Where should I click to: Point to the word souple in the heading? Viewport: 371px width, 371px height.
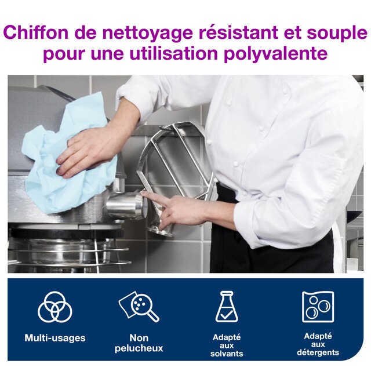pos(337,34)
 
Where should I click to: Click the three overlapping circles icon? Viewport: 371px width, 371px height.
pos(55,307)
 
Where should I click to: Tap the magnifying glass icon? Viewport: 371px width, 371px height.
pos(139,306)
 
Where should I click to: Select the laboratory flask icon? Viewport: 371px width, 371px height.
pos(227,307)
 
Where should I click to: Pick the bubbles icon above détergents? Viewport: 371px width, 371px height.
pos(318,307)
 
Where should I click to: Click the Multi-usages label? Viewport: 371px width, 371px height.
pos(55,337)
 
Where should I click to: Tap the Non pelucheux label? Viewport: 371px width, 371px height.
pos(139,343)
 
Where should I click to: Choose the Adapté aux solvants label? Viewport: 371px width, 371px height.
pos(227,345)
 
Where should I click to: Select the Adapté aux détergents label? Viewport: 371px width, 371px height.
pos(318,344)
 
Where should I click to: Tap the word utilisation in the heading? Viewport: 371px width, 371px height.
pos(173,53)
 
